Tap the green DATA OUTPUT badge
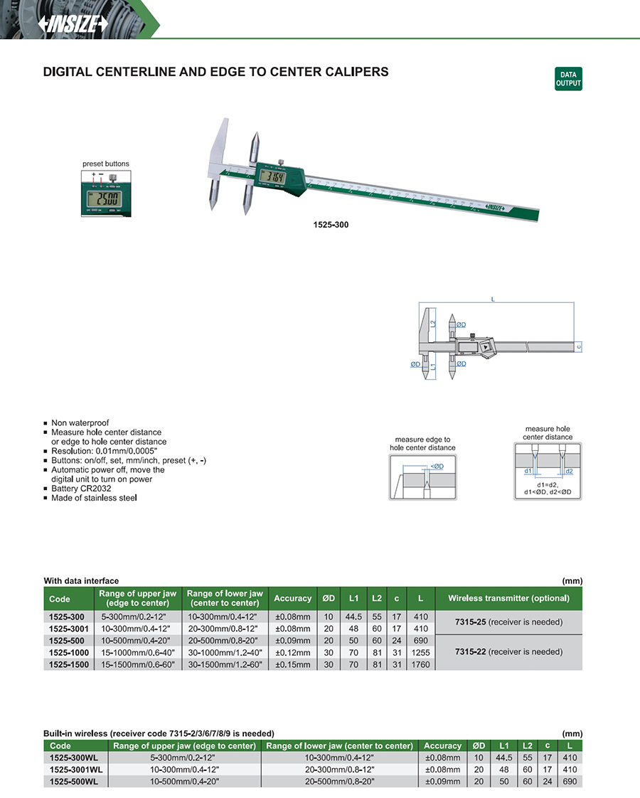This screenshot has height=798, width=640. (x=568, y=79)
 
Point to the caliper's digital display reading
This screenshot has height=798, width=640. (x=273, y=178)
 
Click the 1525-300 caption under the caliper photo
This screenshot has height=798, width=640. (x=331, y=224)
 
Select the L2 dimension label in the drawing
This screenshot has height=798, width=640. (x=432, y=324)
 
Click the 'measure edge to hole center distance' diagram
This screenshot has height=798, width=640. (x=422, y=477)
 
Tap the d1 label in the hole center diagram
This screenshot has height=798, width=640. (x=528, y=471)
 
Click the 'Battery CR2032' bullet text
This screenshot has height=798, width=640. (x=80, y=489)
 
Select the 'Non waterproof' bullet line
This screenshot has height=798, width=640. (x=80, y=422)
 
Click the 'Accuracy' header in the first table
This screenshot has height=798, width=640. (x=292, y=598)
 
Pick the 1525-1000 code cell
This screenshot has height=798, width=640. (x=69, y=652)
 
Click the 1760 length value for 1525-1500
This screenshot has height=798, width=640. (x=420, y=664)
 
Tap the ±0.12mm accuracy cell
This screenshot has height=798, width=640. (x=292, y=652)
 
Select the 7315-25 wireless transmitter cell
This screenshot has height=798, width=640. (x=508, y=622)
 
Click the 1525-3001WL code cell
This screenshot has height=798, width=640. (x=76, y=770)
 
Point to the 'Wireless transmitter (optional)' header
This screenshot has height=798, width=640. (x=508, y=598)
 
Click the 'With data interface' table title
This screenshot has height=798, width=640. (x=81, y=581)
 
